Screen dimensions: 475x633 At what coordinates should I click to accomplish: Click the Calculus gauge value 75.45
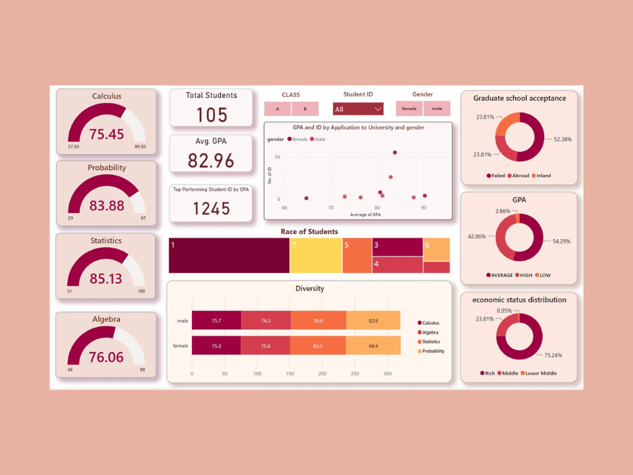[x=106, y=134]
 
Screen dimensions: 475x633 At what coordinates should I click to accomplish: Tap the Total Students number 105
[x=211, y=115]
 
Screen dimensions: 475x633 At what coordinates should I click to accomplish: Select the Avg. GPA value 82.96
[x=211, y=160]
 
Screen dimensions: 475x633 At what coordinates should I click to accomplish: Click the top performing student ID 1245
[x=211, y=208]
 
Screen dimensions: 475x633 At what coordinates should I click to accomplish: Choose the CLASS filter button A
[x=278, y=109]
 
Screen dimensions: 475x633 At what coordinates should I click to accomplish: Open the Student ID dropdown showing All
[x=358, y=109]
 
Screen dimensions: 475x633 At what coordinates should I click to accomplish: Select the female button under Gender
[x=409, y=109]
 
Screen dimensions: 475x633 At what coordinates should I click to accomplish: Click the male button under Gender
[x=437, y=109]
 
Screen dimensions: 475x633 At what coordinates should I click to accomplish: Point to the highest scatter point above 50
[x=395, y=153]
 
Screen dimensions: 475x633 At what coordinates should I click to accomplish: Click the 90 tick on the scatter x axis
[x=424, y=208]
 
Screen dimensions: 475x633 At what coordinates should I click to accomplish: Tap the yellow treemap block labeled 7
[x=315, y=256]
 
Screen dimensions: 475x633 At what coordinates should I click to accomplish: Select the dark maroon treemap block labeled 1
[x=229, y=256]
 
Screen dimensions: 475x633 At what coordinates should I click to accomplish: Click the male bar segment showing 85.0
[x=318, y=321]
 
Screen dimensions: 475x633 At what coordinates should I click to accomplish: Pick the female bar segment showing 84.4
[x=373, y=346]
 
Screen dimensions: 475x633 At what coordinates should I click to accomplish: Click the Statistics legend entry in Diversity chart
[x=431, y=341]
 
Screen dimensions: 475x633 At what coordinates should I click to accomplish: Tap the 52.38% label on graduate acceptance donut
[x=562, y=139]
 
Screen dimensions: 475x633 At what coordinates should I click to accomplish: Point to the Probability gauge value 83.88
[x=107, y=206]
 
